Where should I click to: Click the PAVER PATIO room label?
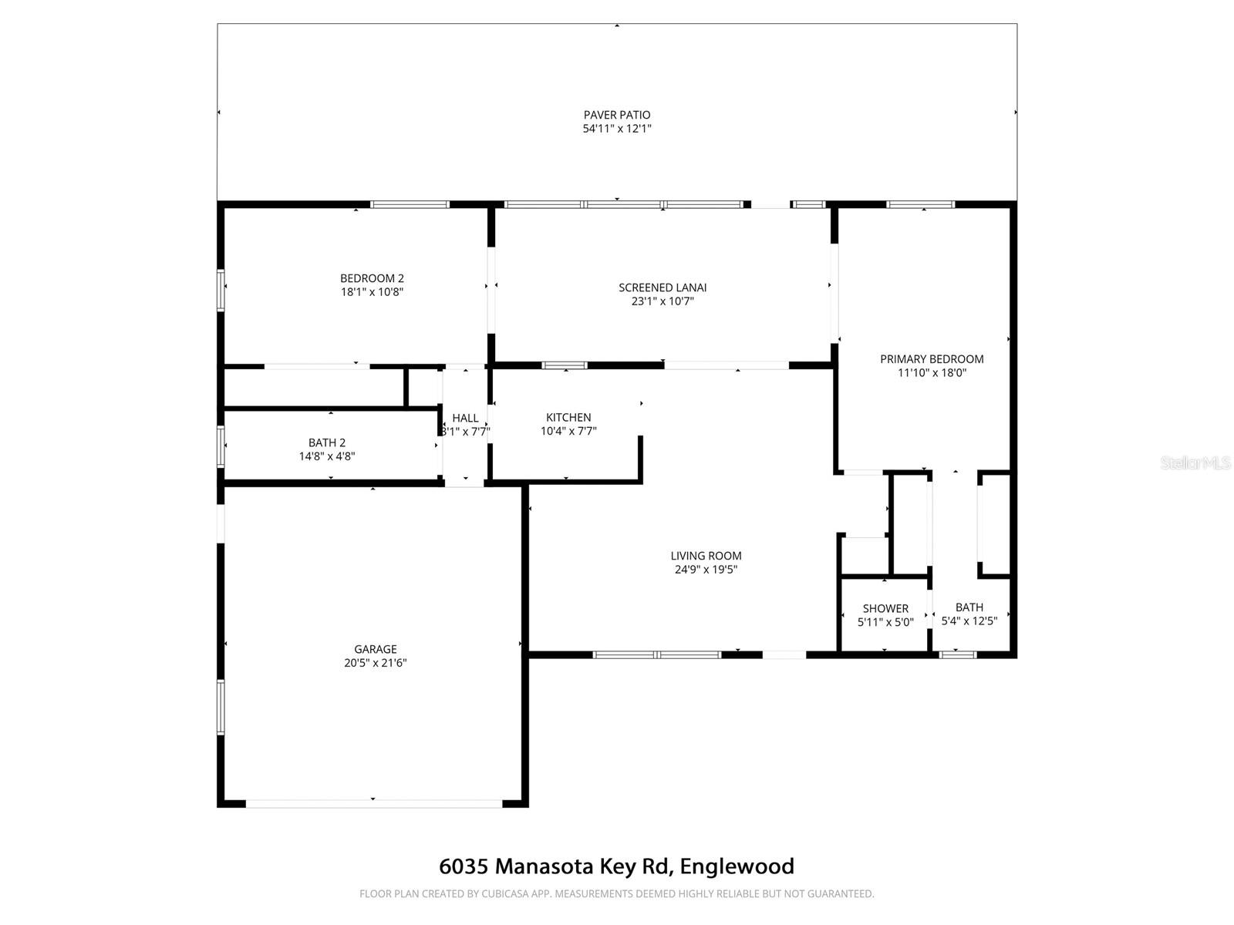pos(617,115)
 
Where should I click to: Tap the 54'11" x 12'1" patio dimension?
pos(617,129)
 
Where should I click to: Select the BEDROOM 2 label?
pos(372,278)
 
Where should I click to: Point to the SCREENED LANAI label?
pos(663,288)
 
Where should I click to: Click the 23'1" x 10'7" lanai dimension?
pos(663,301)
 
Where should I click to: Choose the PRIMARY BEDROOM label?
pos(932,359)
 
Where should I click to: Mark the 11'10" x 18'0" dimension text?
pos(932,373)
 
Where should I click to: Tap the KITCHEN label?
pos(568,418)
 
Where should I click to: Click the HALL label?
pos(465,418)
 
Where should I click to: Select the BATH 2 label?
pos(327,442)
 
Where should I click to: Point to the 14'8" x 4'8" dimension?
pos(327,456)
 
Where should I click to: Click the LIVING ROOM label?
pos(706,556)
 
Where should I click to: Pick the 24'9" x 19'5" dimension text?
pos(706,570)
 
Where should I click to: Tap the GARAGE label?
pos(376,649)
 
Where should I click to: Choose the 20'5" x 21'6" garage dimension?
pos(376,663)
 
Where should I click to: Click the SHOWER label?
pos(885,609)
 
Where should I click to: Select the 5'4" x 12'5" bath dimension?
pos(969,621)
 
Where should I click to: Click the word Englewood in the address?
pos(738,866)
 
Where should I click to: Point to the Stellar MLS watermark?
pos(1195,463)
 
